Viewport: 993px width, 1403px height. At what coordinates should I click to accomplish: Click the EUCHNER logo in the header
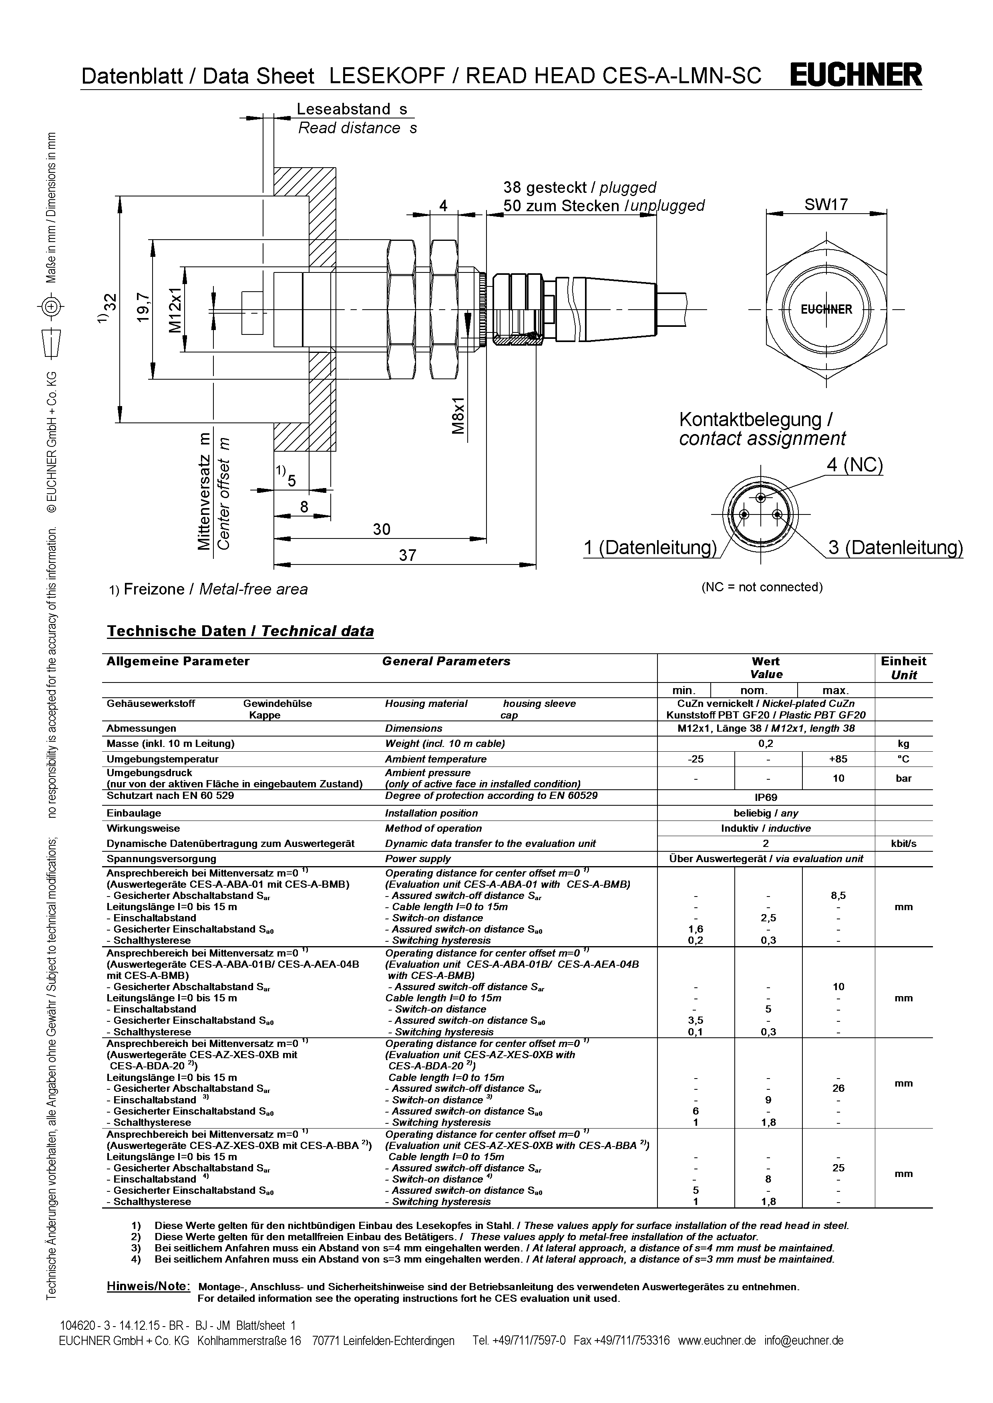(x=856, y=75)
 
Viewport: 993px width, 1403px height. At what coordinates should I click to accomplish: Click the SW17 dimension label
(x=826, y=205)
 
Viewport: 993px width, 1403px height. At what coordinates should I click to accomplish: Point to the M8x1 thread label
(x=458, y=416)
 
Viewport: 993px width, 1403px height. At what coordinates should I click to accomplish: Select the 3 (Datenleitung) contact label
(x=895, y=548)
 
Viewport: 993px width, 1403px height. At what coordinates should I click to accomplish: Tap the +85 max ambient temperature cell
(x=838, y=759)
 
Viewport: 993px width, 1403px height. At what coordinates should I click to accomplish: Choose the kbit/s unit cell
(x=903, y=843)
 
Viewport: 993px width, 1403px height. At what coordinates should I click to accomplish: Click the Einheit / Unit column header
(x=903, y=668)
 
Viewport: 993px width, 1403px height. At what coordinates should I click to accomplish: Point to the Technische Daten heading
(x=240, y=631)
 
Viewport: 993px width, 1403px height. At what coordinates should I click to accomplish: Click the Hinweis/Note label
(x=149, y=1286)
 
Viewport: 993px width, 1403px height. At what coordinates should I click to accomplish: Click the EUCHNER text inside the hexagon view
(x=826, y=309)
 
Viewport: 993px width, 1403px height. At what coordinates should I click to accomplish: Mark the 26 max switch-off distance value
(x=838, y=1088)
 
